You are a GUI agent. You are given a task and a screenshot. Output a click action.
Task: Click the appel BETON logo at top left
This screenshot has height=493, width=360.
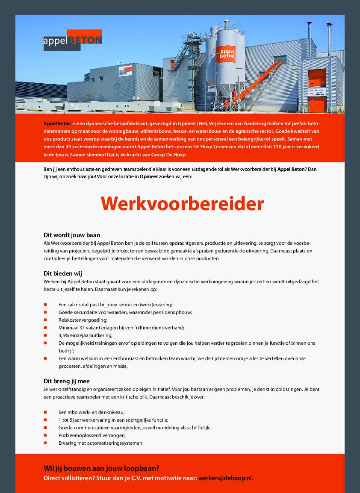[72, 40]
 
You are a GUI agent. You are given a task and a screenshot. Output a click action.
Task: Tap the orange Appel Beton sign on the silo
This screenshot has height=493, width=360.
[227, 53]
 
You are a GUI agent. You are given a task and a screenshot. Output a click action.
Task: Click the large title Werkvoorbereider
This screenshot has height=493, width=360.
[182, 204]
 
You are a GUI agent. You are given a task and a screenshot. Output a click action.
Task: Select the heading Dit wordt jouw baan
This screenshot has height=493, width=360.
[72, 235]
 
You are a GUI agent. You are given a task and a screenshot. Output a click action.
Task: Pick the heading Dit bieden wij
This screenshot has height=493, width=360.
[62, 273]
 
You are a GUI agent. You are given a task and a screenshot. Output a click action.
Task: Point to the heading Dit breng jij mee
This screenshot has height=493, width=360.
[67, 381]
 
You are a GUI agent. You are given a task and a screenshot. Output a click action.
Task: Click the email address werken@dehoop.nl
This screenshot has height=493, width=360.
[225, 478]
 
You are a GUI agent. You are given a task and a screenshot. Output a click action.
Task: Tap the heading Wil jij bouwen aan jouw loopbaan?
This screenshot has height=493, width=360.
[101, 468]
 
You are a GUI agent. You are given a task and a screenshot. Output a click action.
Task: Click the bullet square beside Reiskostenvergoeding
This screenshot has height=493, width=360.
[45, 320]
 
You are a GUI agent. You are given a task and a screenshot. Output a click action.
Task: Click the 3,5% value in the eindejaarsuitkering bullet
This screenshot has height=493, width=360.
[64, 335]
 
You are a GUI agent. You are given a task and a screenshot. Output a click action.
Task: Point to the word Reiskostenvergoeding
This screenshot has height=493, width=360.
[83, 320]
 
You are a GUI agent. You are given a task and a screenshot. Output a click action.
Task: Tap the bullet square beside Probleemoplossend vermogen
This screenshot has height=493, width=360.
[45, 435]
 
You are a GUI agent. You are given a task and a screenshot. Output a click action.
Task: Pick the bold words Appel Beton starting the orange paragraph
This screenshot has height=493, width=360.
[57, 123]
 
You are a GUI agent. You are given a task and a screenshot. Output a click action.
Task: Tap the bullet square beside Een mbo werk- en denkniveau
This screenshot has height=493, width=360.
[45, 412]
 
